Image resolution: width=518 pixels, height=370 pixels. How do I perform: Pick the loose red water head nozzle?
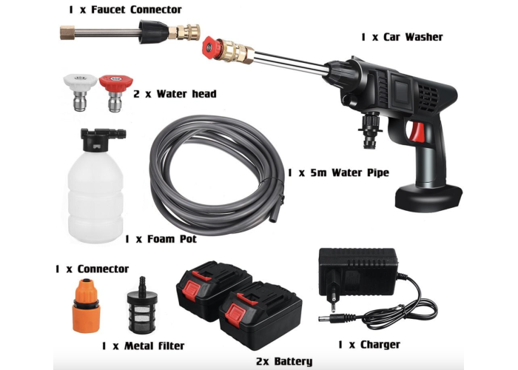(x=115, y=92)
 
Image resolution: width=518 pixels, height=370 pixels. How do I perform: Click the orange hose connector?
(x=87, y=305)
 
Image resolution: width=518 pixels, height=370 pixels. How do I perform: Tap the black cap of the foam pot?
(x=101, y=139)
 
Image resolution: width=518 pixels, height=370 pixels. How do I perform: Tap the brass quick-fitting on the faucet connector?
(x=185, y=32)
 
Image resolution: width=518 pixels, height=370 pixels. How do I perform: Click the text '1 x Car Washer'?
(x=402, y=37)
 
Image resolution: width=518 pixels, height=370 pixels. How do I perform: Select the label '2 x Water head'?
(x=175, y=94)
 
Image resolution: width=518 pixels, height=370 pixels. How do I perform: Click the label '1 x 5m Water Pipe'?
(x=338, y=172)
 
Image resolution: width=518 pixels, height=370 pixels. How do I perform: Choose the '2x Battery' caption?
(x=284, y=361)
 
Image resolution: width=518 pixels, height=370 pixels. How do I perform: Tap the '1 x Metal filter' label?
(x=143, y=346)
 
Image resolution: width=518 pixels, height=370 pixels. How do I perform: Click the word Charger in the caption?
(x=380, y=345)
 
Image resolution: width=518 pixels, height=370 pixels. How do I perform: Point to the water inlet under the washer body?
(x=370, y=129)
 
